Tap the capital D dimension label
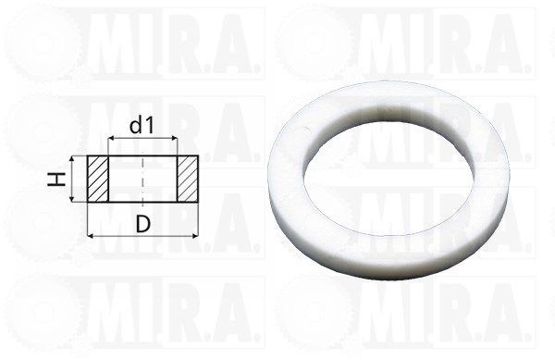[x=143, y=224]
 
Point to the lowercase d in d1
[x=136, y=125]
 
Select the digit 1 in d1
[x=150, y=126]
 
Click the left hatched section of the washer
[x=98, y=179]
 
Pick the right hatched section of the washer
[x=187, y=179]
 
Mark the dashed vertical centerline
[x=142, y=180]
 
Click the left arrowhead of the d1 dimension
[x=111, y=139]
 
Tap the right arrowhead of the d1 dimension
[x=173, y=139]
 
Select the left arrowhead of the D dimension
[x=91, y=235]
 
